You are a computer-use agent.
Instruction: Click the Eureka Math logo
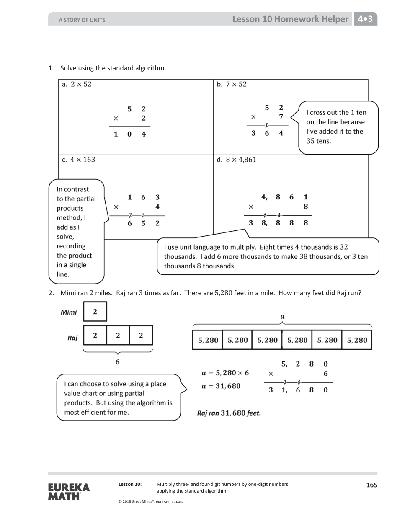[69, 492]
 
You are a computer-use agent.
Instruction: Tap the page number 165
[371, 485]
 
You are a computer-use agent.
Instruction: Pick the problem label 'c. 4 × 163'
[78, 160]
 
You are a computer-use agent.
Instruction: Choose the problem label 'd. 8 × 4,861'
[236, 160]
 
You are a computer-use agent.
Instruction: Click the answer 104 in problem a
[129, 134]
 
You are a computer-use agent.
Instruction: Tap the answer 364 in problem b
[267, 133]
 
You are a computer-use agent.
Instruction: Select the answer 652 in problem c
[143, 223]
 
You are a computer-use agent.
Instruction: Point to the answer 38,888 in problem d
[278, 223]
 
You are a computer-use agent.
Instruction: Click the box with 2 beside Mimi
[95, 312]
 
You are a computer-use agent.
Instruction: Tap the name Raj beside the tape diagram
[72, 338]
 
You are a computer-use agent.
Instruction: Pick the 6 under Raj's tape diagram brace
[117, 362]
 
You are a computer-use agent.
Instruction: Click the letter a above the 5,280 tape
[282, 316]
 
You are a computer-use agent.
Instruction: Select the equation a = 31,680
[221, 386]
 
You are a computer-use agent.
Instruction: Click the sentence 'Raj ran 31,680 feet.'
[229, 413]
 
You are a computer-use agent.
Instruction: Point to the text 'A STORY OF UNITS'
[82, 20]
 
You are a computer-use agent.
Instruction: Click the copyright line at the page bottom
[151, 501]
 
